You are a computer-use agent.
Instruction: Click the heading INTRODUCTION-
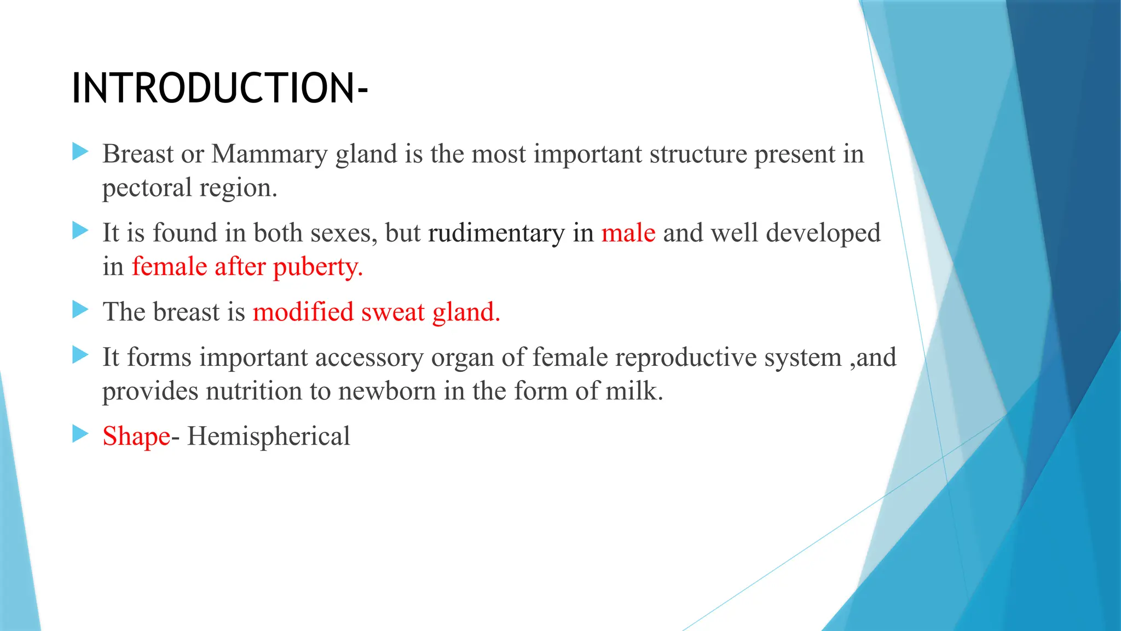click(219, 88)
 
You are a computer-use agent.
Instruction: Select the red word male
click(628, 233)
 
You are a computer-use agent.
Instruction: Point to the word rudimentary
click(496, 233)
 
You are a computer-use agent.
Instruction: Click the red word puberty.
click(317, 268)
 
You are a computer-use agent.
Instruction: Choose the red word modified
click(303, 312)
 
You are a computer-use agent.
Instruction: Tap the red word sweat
click(392, 312)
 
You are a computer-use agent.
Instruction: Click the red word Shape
click(136, 437)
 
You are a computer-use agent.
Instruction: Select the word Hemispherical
click(268, 437)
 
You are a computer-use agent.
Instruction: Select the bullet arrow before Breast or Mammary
click(80, 152)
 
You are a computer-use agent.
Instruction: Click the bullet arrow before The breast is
click(80, 310)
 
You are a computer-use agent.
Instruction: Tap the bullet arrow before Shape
click(80, 434)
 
